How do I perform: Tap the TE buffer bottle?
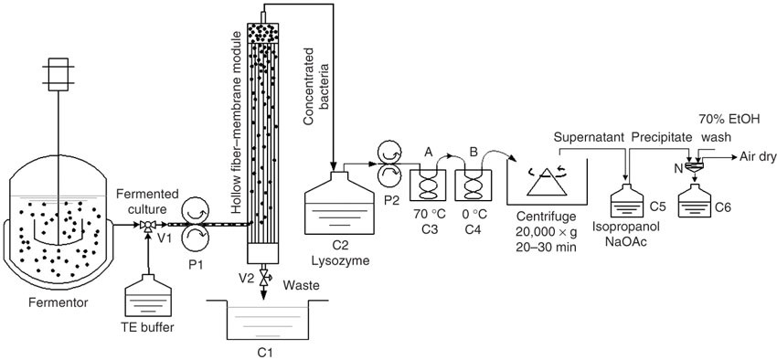[148, 296]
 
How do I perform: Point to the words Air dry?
[757, 156]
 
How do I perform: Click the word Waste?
[302, 285]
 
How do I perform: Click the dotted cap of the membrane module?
[263, 33]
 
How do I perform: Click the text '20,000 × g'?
[546, 231]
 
